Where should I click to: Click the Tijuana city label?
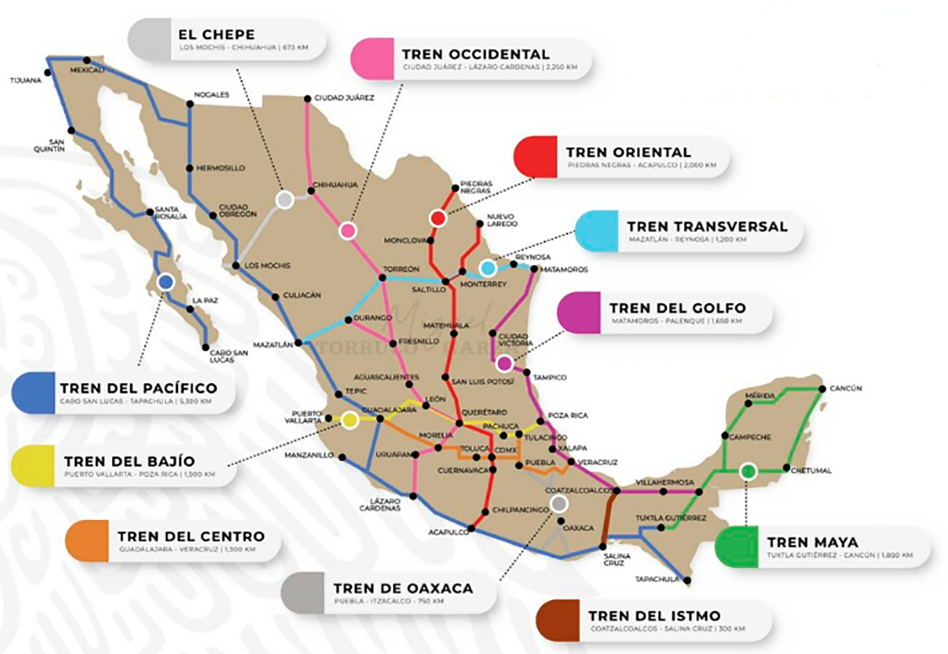pyautogui.click(x=25, y=80)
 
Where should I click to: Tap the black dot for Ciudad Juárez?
pyautogui.click(x=307, y=98)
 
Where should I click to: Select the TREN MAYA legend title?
pyautogui.click(x=812, y=542)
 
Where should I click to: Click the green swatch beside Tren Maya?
pyautogui.click(x=735, y=547)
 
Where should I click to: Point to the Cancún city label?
pyautogui.click(x=846, y=388)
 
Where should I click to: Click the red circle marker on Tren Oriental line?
pyautogui.click(x=438, y=218)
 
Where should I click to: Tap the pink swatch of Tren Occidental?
pyautogui.click(x=372, y=59)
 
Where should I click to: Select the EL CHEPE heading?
pyautogui.click(x=216, y=35)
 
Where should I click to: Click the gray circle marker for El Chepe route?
pyautogui.click(x=285, y=199)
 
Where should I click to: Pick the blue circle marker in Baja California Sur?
pyautogui.click(x=166, y=282)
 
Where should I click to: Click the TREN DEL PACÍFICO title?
pyautogui.click(x=138, y=388)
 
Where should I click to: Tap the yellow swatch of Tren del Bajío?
pyautogui.click(x=33, y=466)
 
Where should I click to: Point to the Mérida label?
pyautogui.click(x=760, y=396)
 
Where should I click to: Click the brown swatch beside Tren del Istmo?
pyautogui.click(x=557, y=621)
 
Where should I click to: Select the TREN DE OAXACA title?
pyautogui.click(x=403, y=588)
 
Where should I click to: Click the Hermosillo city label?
pyautogui.click(x=220, y=168)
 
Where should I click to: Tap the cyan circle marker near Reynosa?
pyautogui.click(x=488, y=268)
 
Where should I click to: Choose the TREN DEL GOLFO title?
pyautogui.click(x=677, y=308)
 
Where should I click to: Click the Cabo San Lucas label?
pyautogui.click(x=228, y=356)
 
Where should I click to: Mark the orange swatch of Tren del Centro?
pyautogui.click(x=87, y=541)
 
